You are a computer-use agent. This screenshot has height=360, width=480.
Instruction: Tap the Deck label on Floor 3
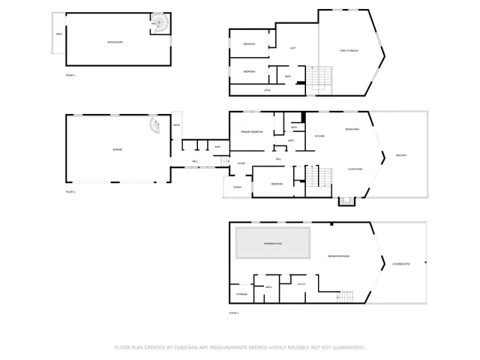tap(58, 34)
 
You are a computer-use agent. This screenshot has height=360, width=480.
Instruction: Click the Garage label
tap(117, 149)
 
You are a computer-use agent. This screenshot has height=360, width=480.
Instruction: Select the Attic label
tap(267, 90)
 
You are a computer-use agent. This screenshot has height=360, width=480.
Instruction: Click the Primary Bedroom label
tap(251, 132)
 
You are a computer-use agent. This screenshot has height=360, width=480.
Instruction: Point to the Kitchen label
tap(319, 136)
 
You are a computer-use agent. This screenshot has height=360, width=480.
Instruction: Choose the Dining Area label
tap(350, 129)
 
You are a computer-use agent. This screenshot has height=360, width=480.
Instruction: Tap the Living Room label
tap(355, 169)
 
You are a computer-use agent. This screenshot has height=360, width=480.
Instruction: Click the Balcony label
tap(401, 155)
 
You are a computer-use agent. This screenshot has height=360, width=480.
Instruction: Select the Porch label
tap(237, 187)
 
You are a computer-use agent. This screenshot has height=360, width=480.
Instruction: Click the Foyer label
tap(241, 163)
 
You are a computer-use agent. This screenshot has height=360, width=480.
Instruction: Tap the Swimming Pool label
tap(273, 244)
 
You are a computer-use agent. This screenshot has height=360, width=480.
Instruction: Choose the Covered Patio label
tap(400, 263)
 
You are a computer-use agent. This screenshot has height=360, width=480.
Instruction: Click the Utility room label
tap(301, 284)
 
